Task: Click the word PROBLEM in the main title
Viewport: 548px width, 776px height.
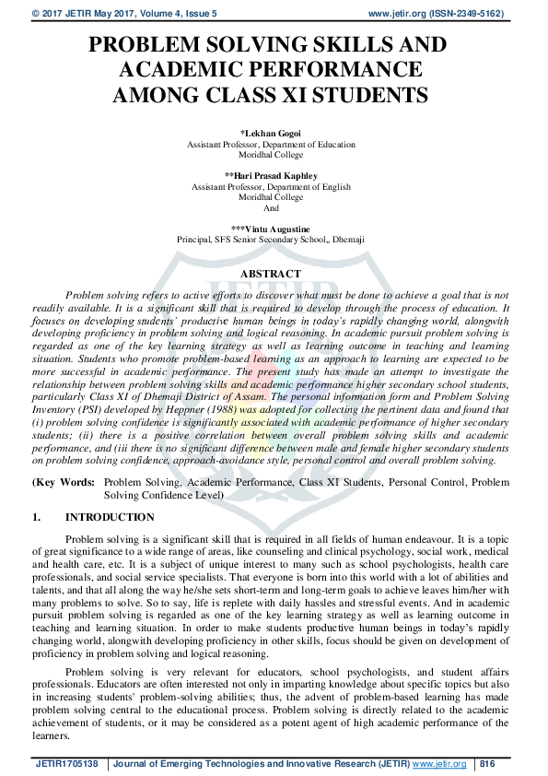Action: coord(147,46)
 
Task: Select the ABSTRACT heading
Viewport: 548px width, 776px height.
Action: coord(270,274)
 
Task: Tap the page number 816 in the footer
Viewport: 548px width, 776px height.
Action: coord(487,764)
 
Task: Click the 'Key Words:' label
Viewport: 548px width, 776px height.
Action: coord(64,482)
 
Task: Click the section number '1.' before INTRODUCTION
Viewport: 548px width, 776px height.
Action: coord(37,518)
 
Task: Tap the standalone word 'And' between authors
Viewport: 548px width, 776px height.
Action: coord(271,208)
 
